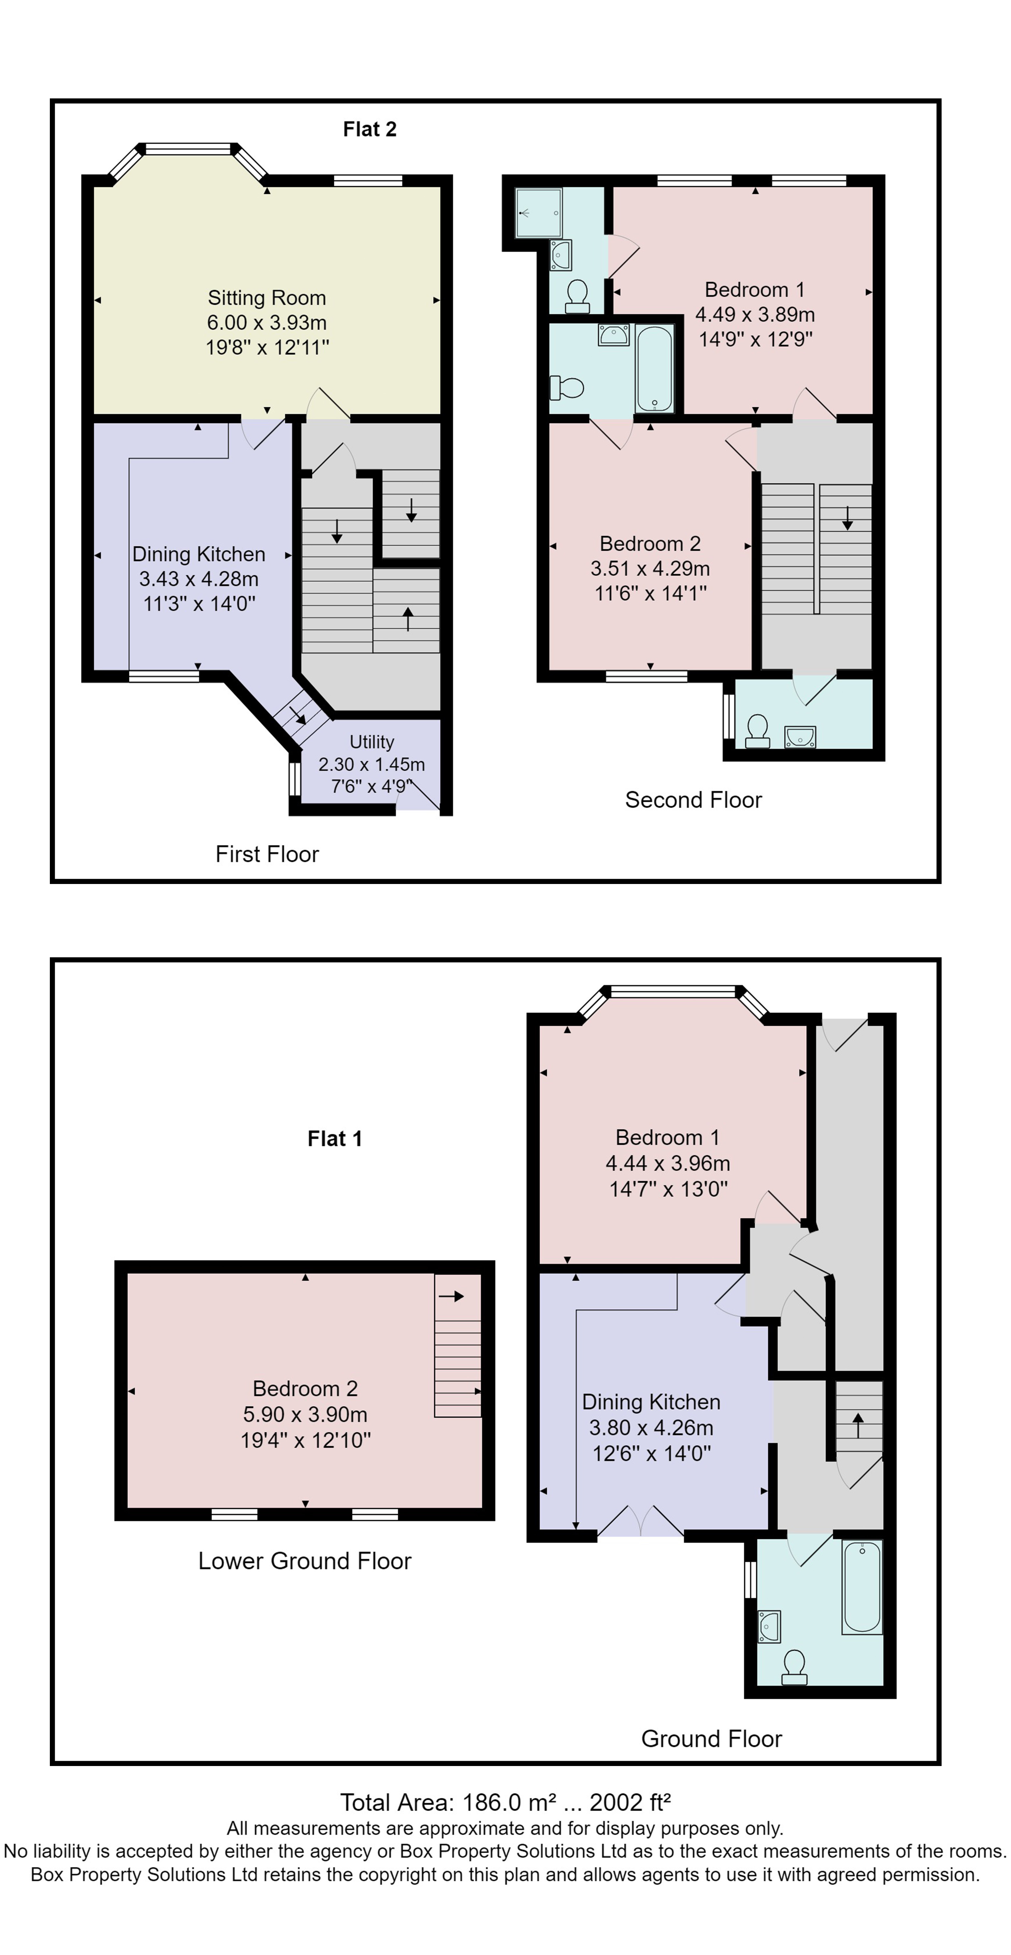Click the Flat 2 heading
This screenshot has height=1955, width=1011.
point(370,129)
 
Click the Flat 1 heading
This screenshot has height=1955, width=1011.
point(335,1138)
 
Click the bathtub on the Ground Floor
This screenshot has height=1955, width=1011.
point(861,1586)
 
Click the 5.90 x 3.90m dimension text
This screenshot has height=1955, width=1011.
point(305,1414)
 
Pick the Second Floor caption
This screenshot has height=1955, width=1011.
point(693,800)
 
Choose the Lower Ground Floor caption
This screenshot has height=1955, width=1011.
point(304,1560)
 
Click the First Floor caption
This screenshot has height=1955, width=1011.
point(267,854)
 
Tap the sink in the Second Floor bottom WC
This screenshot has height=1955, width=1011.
point(800,736)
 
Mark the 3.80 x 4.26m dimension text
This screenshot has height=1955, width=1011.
point(651,1427)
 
